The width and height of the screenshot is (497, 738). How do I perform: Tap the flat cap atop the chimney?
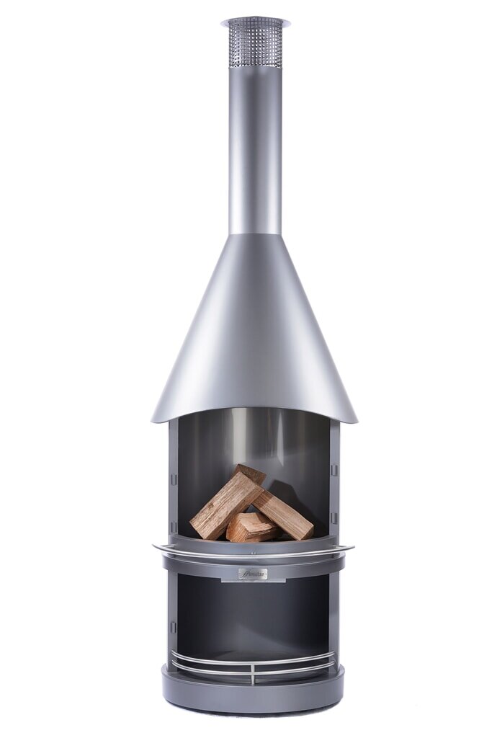pyautogui.click(x=255, y=21)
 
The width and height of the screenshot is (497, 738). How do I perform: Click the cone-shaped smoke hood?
pyautogui.click(x=254, y=332)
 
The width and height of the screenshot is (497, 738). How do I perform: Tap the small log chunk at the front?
pyautogui.click(x=251, y=528)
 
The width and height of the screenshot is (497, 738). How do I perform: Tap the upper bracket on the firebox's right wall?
pyautogui.click(x=333, y=470)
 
